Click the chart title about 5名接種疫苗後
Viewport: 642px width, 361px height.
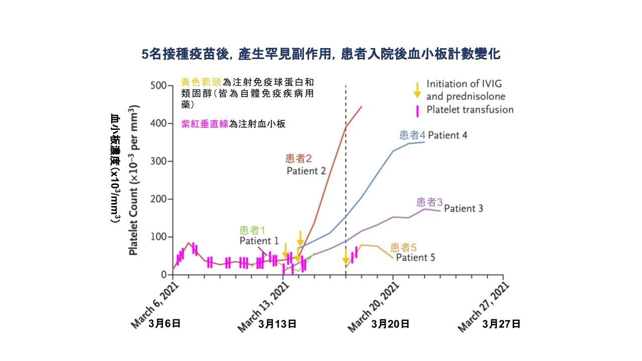click(x=320, y=54)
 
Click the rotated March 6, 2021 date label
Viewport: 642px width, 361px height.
click(x=155, y=304)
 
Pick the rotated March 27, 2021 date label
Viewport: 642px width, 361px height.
click(x=484, y=305)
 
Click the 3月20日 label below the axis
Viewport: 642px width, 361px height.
click(x=390, y=324)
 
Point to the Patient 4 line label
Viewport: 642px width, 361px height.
click(x=447, y=135)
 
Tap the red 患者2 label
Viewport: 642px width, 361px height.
click(x=298, y=159)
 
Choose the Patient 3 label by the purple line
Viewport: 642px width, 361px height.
click(x=463, y=208)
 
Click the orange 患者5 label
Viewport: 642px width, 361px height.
click(x=403, y=247)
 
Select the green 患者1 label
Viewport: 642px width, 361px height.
click(x=252, y=230)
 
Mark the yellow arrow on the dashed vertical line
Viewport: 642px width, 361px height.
click(x=346, y=256)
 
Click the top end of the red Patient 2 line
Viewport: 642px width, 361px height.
click(x=361, y=106)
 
